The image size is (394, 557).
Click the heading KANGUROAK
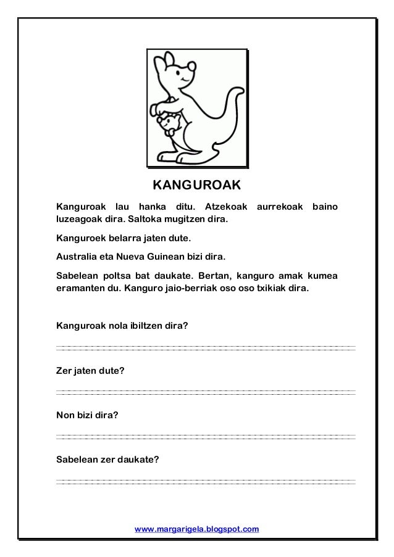(196, 186)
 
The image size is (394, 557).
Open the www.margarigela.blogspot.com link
(197, 529)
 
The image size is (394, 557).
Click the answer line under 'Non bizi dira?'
(206, 436)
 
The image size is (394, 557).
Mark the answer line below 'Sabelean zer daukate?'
(206, 481)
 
